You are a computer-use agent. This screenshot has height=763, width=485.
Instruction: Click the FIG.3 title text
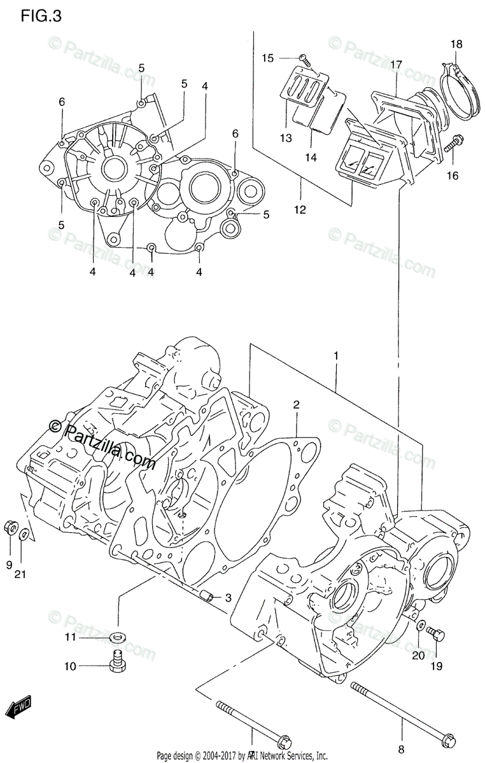tap(41, 17)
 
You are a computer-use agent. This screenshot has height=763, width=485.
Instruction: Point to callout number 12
tap(300, 210)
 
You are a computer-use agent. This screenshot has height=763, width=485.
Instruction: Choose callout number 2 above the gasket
tap(296, 405)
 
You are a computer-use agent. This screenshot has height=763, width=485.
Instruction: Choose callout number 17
tap(397, 65)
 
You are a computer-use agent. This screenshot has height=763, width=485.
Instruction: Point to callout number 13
tap(285, 139)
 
